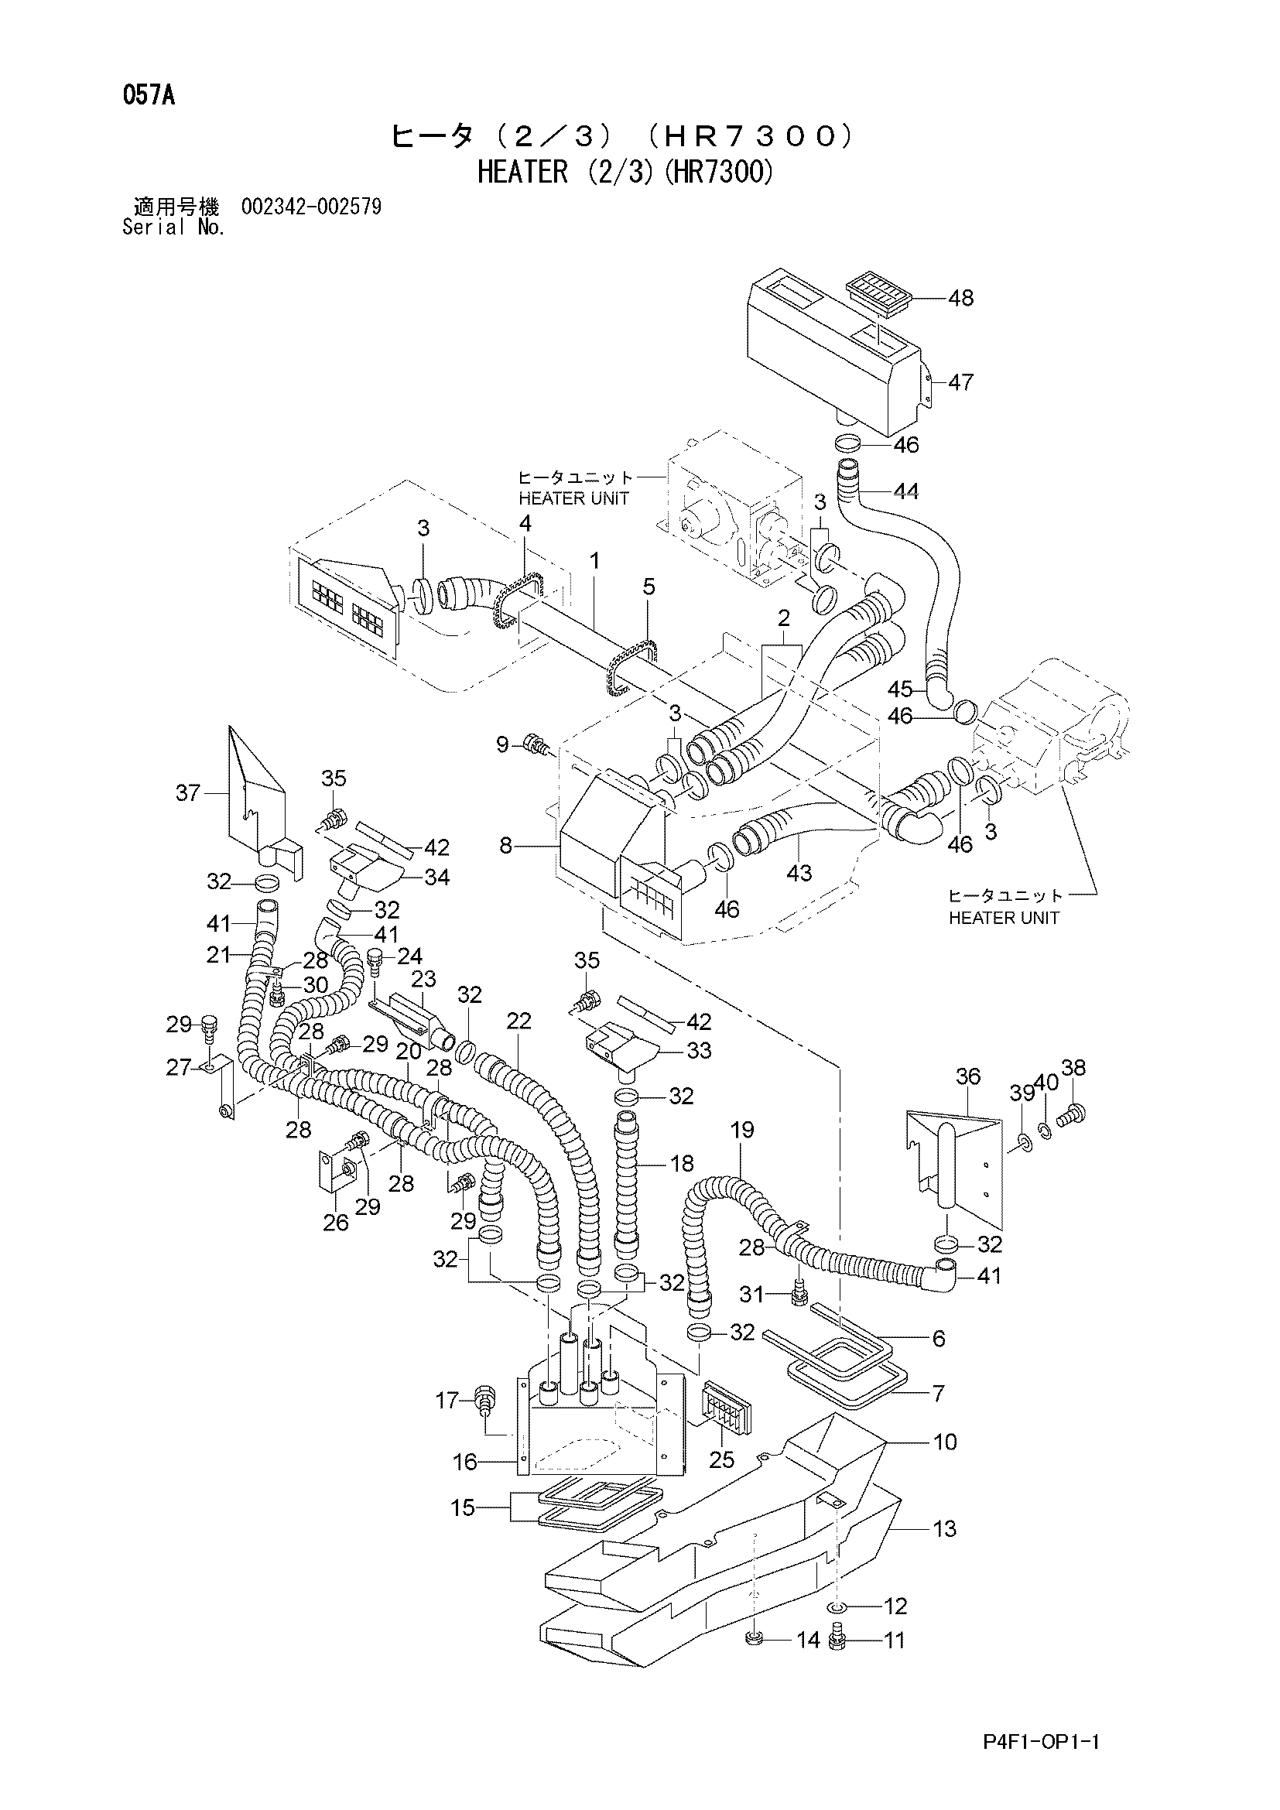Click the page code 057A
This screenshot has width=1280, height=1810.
[148, 97]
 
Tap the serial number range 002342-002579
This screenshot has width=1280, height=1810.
[311, 207]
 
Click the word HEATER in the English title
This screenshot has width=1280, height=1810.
[522, 171]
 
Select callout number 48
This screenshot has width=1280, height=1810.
[961, 298]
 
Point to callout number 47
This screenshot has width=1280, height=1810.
[961, 382]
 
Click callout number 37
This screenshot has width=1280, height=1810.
[188, 792]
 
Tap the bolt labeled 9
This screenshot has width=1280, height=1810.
[537, 744]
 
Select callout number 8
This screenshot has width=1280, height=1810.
[506, 846]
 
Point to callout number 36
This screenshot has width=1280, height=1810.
[968, 1076]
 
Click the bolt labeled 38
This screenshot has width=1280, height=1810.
[1072, 1114]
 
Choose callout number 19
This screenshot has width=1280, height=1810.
[742, 1130]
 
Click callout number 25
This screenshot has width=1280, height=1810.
[722, 1460]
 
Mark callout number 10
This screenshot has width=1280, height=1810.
[945, 1442]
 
